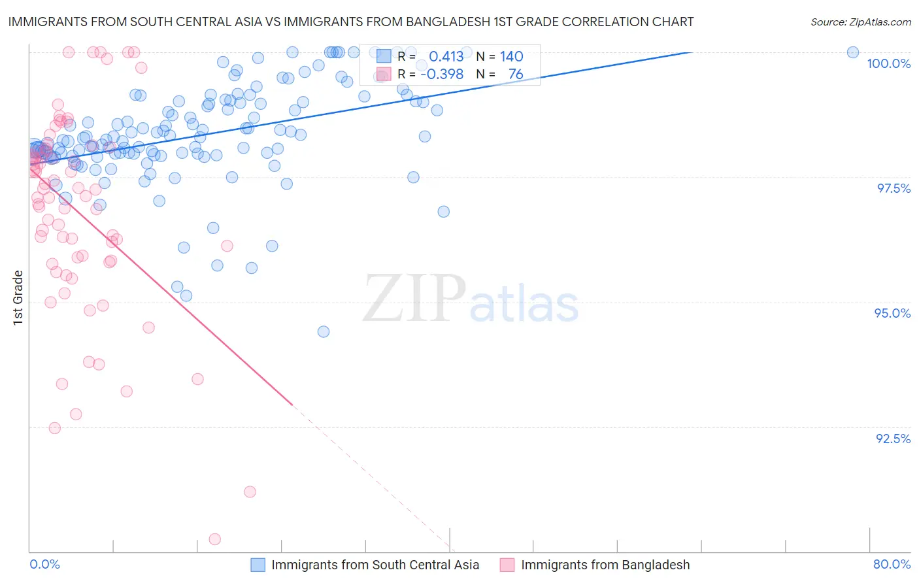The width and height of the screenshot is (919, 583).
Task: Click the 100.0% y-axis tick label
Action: [888, 63]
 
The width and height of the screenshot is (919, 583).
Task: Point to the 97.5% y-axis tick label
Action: [894, 188]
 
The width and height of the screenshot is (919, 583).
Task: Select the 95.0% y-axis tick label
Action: [892, 313]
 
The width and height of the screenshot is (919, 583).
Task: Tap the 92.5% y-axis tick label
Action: [893, 439]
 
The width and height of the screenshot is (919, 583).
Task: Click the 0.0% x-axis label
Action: [44, 564]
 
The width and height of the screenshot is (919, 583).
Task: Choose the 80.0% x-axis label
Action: [892, 564]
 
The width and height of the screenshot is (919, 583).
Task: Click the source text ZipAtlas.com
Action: [860, 22]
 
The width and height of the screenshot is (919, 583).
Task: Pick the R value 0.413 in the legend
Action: [446, 56]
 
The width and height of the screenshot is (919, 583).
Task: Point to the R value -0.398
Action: [442, 75]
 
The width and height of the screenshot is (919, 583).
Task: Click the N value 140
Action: [511, 56]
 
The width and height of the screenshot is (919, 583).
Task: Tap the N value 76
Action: [516, 75]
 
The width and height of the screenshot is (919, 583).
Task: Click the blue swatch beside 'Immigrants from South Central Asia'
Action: [258, 565]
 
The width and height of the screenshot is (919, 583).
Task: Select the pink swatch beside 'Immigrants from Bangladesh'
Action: [507, 565]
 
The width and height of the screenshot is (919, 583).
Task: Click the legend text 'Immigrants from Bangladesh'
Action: [605, 565]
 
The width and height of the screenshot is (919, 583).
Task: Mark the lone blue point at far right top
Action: [852, 52]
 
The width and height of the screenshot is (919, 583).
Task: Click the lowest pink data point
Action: [214, 539]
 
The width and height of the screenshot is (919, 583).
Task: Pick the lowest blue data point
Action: [323, 331]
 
